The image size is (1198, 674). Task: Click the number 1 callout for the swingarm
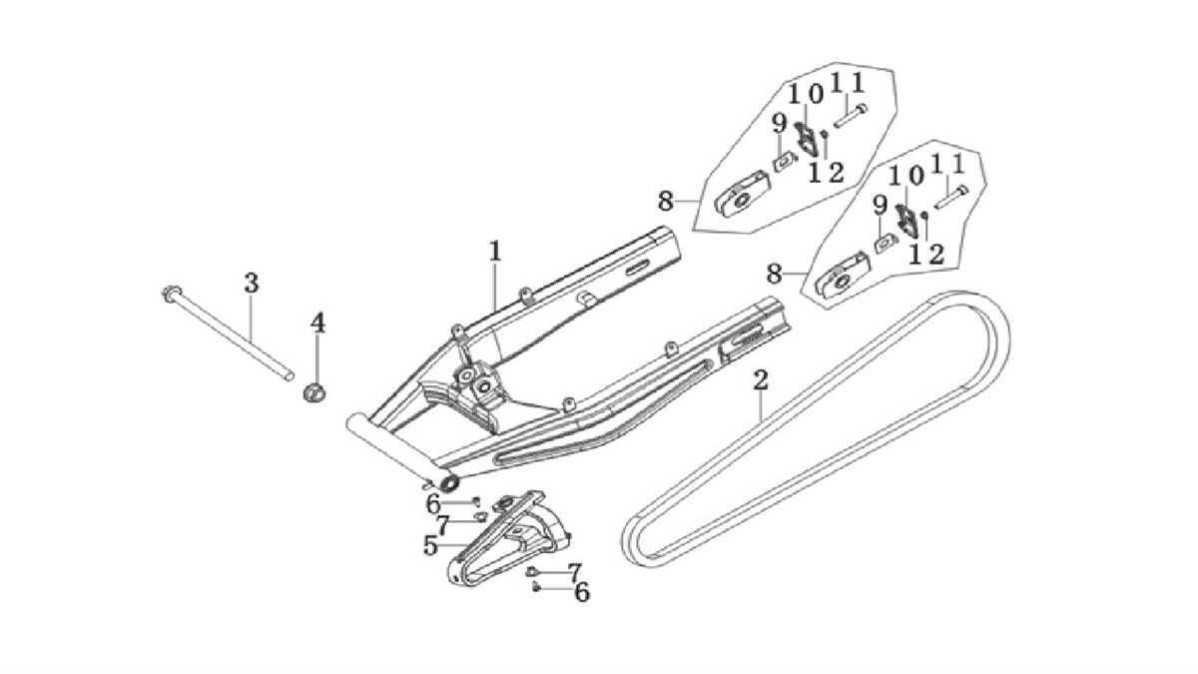tap(494, 251)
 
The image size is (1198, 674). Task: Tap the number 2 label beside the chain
tap(761, 380)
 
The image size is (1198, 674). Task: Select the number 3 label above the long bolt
tap(251, 283)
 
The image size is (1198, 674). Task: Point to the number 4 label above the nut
tap(317, 323)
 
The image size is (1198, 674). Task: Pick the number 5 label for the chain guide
tap(431, 545)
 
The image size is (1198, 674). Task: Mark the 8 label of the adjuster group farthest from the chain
tap(666, 201)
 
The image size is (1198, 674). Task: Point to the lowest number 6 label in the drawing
tap(581, 592)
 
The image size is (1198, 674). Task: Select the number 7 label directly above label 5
tap(442, 523)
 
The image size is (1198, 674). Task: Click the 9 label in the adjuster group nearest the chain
tap(880, 206)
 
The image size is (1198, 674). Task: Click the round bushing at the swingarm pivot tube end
tap(450, 484)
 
